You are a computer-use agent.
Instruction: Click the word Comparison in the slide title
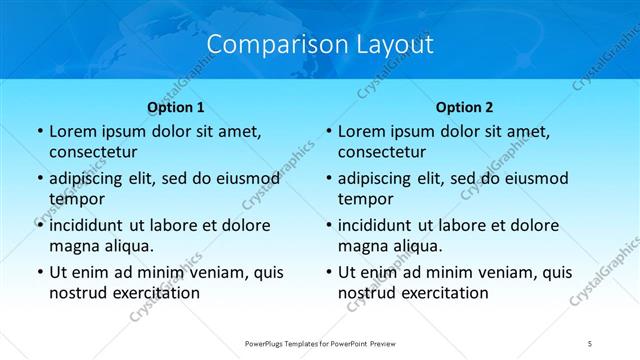(266, 44)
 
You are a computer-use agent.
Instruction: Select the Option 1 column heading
(176, 106)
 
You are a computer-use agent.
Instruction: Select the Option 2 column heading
(464, 106)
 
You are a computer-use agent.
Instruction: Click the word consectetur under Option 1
(93, 152)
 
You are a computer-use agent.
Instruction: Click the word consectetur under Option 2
(382, 152)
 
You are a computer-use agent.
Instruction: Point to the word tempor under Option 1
(74, 199)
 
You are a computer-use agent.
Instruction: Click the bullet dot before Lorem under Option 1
(38, 132)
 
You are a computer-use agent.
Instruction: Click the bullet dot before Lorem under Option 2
(327, 132)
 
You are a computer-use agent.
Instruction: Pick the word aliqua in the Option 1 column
(127, 246)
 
